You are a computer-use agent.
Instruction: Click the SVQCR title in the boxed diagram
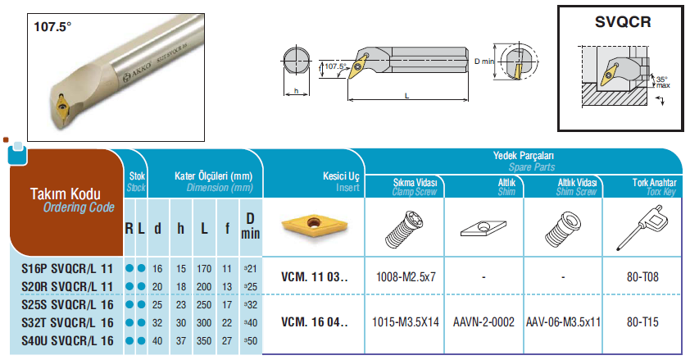click(x=623, y=21)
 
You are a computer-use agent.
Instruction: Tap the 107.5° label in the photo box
click(x=52, y=27)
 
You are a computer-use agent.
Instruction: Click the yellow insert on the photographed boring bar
click(x=62, y=106)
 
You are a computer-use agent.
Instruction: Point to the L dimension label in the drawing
click(x=407, y=95)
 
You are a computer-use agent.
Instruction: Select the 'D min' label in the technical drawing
click(x=484, y=62)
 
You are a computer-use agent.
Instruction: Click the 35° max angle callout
click(x=663, y=82)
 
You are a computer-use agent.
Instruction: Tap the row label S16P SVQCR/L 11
click(x=67, y=268)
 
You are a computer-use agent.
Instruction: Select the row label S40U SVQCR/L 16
click(x=67, y=340)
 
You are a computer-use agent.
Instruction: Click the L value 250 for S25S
click(x=204, y=304)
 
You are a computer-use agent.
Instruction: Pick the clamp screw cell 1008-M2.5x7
click(x=406, y=277)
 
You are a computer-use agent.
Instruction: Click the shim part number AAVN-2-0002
click(x=483, y=322)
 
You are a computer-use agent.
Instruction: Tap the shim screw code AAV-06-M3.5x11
click(x=563, y=322)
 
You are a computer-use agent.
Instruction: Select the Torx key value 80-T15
click(x=642, y=322)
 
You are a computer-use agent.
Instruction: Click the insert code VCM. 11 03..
click(x=314, y=277)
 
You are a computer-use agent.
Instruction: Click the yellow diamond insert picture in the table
click(x=314, y=226)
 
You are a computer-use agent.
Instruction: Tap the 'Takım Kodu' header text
click(x=65, y=194)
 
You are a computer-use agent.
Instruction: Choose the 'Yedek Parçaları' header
click(x=523, y=155)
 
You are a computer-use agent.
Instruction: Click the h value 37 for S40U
click(x=181, y=340)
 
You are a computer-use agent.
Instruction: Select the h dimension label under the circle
click(x=296, y=91)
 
